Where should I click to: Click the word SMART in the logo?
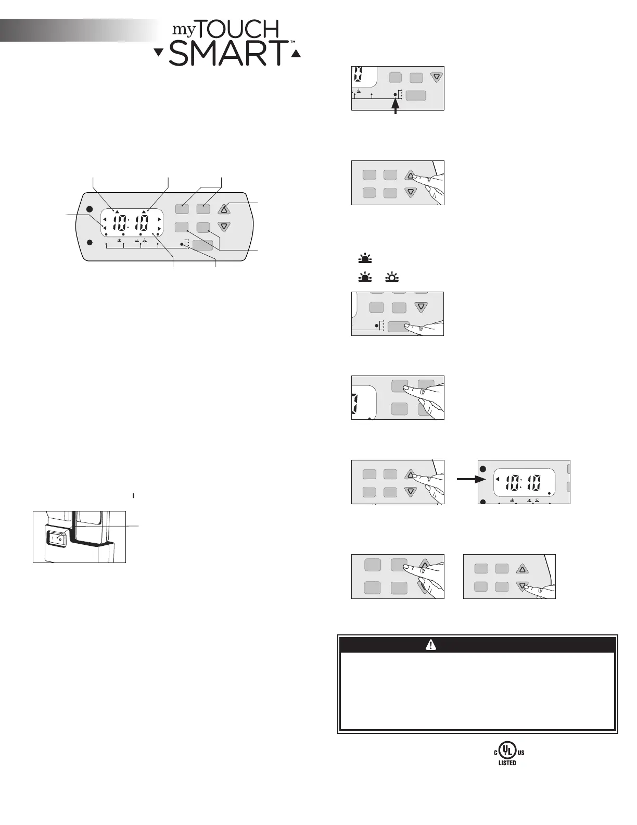228,54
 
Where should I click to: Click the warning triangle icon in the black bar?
431,645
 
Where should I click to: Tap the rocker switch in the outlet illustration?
59,539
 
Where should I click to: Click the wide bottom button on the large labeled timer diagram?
202,245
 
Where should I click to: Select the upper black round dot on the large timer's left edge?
90,209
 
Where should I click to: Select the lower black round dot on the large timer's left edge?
90,242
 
